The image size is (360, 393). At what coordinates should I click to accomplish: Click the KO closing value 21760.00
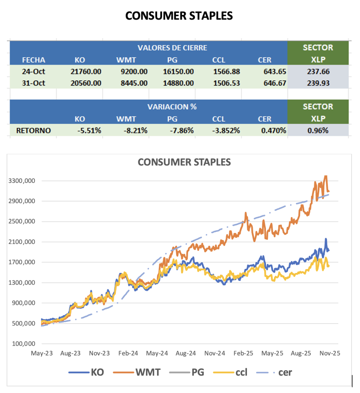86,72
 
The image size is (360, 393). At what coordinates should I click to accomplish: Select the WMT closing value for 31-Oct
134,83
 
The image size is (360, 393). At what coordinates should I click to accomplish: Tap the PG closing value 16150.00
178,72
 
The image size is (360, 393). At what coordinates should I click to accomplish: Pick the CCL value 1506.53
226,83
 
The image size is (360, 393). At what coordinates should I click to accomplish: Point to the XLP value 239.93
318,83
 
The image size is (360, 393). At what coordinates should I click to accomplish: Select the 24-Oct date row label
33,72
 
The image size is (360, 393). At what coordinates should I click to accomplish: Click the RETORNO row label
33,130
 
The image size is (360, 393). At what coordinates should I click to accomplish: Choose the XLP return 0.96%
318,130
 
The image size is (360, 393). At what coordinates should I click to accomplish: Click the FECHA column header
33,60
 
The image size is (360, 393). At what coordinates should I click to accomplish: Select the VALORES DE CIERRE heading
172,48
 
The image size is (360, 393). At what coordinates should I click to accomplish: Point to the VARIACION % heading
172,107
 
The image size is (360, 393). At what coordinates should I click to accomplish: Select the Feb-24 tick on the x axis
128,353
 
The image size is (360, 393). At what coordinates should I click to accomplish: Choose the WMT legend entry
138,372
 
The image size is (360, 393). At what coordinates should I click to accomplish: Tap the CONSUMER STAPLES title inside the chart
184,162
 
